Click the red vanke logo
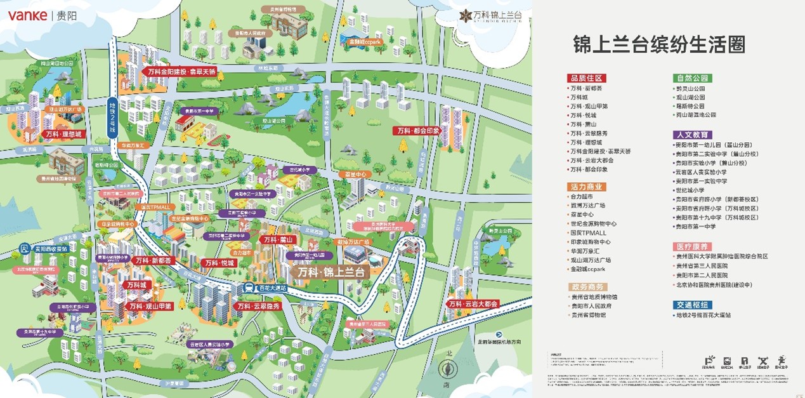click(27, 15)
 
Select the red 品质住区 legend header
click(587, 78)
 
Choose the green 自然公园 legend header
click(693, 78)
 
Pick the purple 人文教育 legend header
click(693, 135)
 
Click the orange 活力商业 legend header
click(587, 187)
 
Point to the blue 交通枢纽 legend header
click(693, 305)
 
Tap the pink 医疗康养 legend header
click(693, 246)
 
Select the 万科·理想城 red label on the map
click(63, 135)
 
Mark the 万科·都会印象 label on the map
click(417, 131)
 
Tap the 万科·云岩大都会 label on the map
click(473, 304)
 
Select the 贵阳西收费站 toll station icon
click(24, 248)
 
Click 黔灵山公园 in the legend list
click(690, 89)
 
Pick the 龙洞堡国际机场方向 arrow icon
click(499, 334)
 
